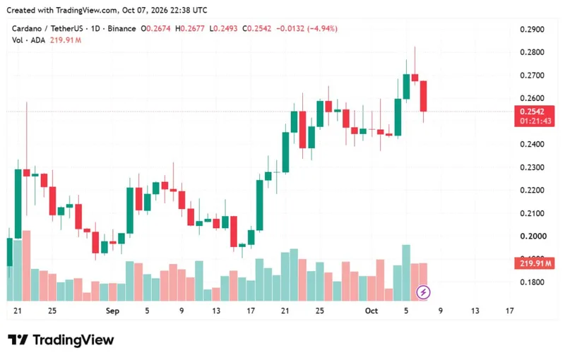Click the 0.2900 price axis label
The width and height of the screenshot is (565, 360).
tap(532, 29)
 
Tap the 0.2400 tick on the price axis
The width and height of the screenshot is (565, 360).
tap(532, 145)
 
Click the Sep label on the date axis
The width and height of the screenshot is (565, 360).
tap(112, 311)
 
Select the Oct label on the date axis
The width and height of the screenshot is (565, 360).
tap(371, 311)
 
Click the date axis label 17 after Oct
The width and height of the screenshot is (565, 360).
tap(509, 311)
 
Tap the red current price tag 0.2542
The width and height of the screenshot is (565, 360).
tap(535, 116)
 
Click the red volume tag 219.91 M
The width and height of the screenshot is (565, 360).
tap(535, 263)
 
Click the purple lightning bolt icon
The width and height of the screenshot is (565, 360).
tap(423, 292)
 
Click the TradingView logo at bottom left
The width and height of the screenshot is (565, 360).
tap(61, 340)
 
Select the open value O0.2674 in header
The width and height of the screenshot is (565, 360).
tap(155, 28)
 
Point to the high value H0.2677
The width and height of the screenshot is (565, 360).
tap(189, 28)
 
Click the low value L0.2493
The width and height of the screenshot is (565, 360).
tap(223, 28)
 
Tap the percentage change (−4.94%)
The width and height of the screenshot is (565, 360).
tap(322, 28)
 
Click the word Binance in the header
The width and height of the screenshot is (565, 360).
tap(121, 28)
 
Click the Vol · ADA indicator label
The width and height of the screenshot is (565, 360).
tap(28, 40)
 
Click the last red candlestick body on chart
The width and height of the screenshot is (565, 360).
tap(423, 96)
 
